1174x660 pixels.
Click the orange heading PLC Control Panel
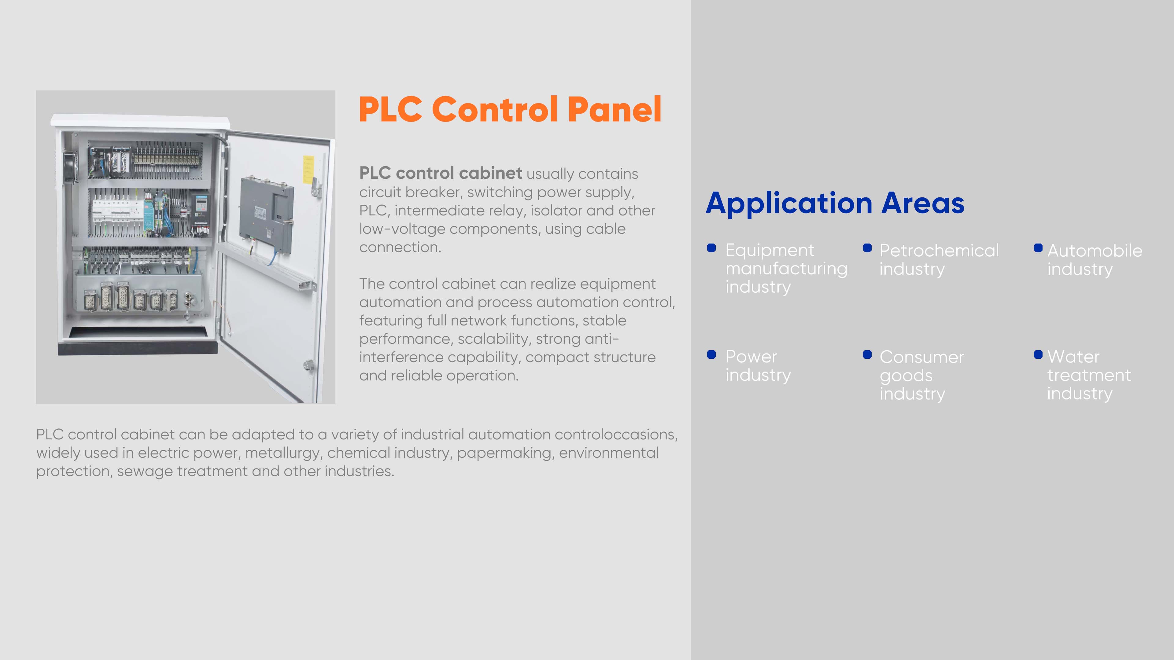pyautogui.click(x=510, y=109)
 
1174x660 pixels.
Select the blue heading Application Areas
pyautogui.click(x=835, y=203)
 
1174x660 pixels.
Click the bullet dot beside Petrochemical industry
pyautogui.click(x=867, y=248)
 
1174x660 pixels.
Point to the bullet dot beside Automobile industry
pyautogui.click(x=1038, y=248)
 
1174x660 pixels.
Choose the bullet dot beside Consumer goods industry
pyautogui.click(x=867, y=354)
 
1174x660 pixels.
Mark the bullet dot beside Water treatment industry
pyautogui.click(x=1038, y=354)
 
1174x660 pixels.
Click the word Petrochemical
pyautogui.click(x=939, y=251)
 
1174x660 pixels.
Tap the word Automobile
pyautogui.click(x=1095, y=251)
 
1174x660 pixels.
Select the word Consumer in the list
pyautogui.click(x=921, y=357)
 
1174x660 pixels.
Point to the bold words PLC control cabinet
pyautogui.click(x=440, y=173)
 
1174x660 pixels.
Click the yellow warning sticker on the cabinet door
pyautogui.click(x=308, y=170)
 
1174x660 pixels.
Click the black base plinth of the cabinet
pyautogui.click(x=138, y=347)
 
